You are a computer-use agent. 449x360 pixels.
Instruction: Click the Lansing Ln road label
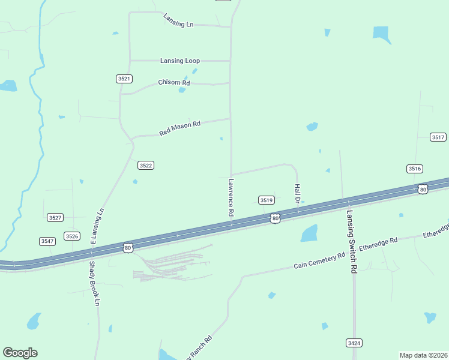point(179,20)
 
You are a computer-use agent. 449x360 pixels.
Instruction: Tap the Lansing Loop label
point(180,61)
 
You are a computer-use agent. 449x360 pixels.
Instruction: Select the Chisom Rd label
point(174,82)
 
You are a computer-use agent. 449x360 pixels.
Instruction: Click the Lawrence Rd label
point(230,197)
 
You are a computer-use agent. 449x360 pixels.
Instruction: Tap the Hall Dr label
point(297,193)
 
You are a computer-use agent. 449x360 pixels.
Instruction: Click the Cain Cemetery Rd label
point(319,260)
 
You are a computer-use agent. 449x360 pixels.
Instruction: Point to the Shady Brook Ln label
point(94,284)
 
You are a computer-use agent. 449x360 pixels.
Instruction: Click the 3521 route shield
point(124,79)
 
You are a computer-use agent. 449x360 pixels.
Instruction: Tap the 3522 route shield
point(146,165)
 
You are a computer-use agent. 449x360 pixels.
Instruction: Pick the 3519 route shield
point(267,200)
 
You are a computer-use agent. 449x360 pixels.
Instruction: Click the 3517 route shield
point(438,137)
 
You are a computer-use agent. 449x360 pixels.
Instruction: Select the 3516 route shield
point(415,169)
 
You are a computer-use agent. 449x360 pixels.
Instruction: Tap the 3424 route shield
point(354,343)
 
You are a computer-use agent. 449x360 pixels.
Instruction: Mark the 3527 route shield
point(55,217)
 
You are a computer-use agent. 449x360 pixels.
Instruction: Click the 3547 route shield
point(47,241)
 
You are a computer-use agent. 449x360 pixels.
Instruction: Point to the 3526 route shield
point(73,236)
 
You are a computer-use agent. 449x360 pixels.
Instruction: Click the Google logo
point(20,352)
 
